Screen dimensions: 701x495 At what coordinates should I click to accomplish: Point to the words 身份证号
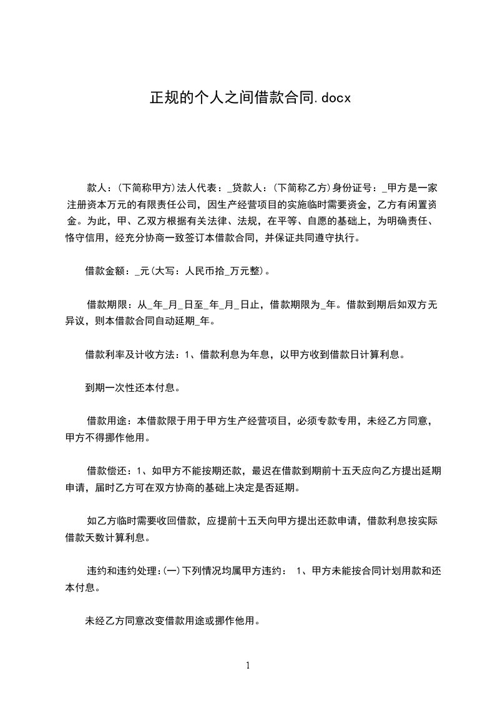[353, 187]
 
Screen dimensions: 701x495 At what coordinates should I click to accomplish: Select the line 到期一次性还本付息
[132, 387]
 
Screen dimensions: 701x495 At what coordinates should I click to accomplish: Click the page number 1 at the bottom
[248, 665]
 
